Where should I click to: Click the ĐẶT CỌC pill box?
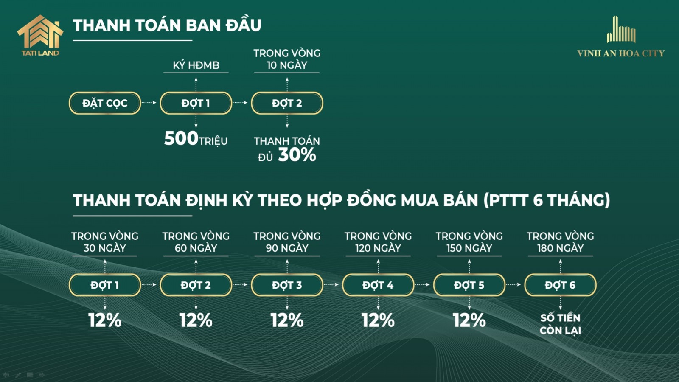click(105, 103)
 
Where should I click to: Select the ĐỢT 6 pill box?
click(560, 285)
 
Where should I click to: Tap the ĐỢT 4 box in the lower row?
click(378, 285)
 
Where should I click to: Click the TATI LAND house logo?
click(40, 35)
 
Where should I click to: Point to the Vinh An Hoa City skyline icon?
click(621, 29)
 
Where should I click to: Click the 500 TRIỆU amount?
click(196, 139)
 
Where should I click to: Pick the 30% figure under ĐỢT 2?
click(297, 154)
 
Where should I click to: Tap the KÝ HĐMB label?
click(196, 65)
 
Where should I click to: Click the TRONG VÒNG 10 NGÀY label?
click(287, 59)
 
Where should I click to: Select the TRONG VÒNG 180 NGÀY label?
click(560, 242)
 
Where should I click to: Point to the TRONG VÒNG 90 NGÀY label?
click(287, 242)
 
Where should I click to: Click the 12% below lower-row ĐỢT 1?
click(105, 320)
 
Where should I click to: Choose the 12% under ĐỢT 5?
click(469, 320)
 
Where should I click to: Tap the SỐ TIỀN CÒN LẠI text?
click(560, 324)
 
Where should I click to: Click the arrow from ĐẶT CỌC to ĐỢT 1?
click(149, 103)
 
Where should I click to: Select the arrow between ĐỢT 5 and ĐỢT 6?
click(513, 285)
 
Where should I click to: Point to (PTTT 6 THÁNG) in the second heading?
click(547, 200)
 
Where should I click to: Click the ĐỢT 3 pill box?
click(287, 285)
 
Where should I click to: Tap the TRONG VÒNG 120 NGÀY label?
click(378, 242)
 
